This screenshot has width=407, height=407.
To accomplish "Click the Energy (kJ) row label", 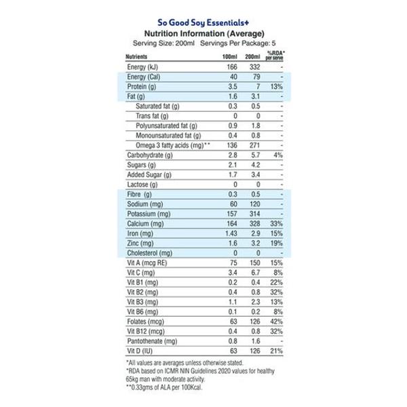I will [147, 68].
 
